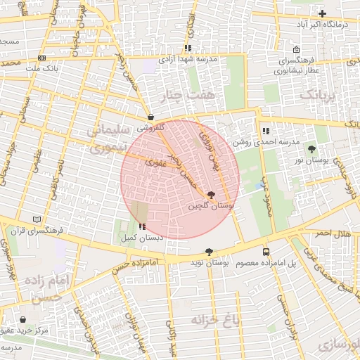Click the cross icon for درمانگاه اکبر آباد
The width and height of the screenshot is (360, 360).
tap(323, 13)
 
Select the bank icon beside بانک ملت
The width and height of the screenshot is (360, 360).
tap(42, 58)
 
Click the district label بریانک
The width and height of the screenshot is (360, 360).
tap(321, 94)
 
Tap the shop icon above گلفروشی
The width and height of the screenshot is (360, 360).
tap(151, 117)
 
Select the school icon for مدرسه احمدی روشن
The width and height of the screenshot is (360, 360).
tap(265, 131)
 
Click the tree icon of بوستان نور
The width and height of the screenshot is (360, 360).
tap(312, 149)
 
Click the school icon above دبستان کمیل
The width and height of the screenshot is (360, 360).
tap(143, 226)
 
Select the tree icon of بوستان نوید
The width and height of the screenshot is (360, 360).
tap(209, 251)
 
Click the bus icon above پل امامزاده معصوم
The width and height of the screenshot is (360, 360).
tap(266, 251)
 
